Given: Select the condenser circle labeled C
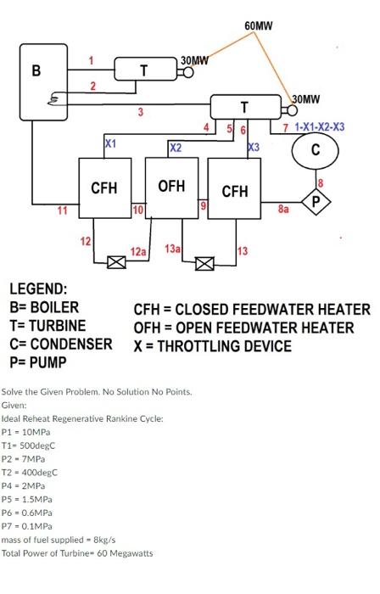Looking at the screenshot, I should click(x=315, y=153).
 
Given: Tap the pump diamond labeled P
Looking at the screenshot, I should click(x=317, y=202).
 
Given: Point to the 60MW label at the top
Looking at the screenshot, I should click(x=258, y=25).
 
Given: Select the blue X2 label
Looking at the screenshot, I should click(x=176, y=148).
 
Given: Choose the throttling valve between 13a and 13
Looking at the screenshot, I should click(x=204, y=262).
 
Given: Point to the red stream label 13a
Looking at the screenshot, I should click(x=172, y=248).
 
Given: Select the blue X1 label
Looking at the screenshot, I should click(x=110, y=144).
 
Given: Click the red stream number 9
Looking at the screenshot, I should click(x=203, y=205).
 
